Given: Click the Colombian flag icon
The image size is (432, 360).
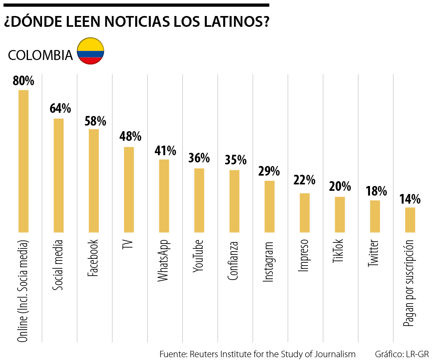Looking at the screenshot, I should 90,51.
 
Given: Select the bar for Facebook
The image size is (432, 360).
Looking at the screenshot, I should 94,180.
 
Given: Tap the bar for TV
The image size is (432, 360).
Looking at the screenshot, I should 129,190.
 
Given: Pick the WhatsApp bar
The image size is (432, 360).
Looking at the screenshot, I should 164,196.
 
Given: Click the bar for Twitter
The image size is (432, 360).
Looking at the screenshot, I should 375,216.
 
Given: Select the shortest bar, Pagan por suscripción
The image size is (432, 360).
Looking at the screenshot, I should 410,220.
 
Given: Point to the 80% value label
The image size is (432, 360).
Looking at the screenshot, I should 24,81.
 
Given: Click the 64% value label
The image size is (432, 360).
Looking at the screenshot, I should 60,108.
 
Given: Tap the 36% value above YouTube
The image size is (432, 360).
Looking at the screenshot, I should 199,158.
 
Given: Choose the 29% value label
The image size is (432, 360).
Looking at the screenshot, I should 269,171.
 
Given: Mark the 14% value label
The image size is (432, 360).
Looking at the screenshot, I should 410,199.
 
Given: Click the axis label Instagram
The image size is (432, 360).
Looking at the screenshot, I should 268,262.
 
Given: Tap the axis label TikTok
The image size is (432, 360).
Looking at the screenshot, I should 338,251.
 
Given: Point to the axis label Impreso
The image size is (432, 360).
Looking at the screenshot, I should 304,256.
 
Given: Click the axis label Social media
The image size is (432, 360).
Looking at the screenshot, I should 58,265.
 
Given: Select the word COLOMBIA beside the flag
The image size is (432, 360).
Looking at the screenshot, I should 40,55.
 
